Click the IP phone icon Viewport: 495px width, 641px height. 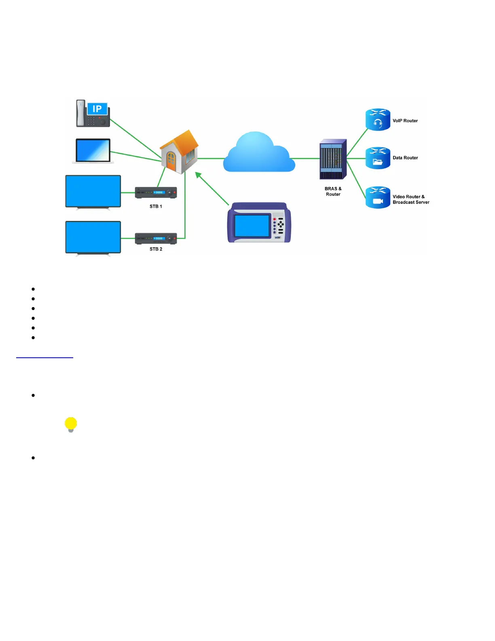tap(93, 114)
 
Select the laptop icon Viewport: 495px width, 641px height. tap(93, 151)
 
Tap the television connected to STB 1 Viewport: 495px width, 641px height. tap(93, 191)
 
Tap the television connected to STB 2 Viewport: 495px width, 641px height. tap(93, 238)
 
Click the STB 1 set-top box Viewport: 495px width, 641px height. tap(156, 193)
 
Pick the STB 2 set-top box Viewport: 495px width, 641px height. tap(156, 238)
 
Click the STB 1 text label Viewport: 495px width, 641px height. tap(156, 206)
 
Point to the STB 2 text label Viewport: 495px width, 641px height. tap(156, 249)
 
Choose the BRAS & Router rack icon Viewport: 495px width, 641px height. tap(333, 159)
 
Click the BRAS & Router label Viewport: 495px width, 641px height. tap(333, 191)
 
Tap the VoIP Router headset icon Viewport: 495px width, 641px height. tap(378, 123)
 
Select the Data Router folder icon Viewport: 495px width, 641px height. tap(378, 161)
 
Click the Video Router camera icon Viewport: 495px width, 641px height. tap(378, 201)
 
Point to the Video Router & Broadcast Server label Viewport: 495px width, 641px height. tap(410, 200)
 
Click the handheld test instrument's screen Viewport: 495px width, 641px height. tap(252, 225)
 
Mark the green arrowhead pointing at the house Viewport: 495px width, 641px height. tap(198, 175)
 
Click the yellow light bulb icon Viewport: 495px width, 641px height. tap(71, 424)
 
